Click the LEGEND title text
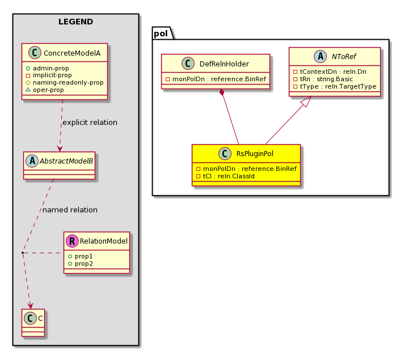[x=75, y=22]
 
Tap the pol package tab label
[x=161, y=34]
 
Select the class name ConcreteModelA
[x=72, y=53]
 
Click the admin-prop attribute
[x=51, y=68]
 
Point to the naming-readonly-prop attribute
[x=68, y=82]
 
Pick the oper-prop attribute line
[x=48, y=90]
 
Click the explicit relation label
[x=90, y=122]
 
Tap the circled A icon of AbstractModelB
[x=32, y=161]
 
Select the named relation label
[x=70, y=210]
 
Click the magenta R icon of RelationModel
[x=72, y=241]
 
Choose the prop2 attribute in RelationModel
[x=83, y=263]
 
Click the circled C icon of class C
[x=30, y=318]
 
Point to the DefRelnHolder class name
[x=224, y=64]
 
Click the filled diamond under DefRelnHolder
[x=222, y=93]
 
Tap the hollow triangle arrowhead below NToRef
[x=306, y=101]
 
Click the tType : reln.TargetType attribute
[x=338, y=86]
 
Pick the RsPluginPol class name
[x=255, y=154]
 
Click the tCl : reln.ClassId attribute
[x=229, y=176]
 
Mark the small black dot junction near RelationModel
[x=23, y=253]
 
